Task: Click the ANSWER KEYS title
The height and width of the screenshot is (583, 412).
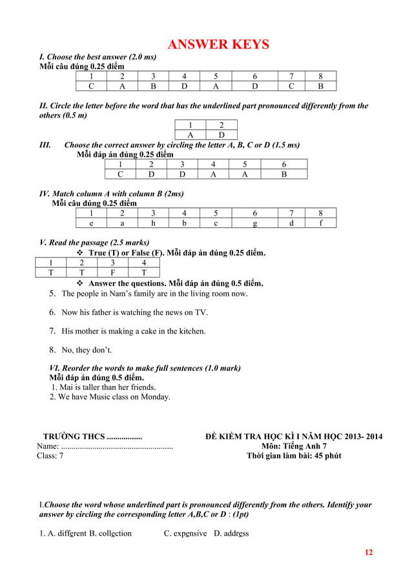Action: click(218, 45)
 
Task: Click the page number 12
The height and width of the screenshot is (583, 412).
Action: click(369, 552)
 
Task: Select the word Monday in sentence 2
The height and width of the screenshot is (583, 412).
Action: click(155, 397)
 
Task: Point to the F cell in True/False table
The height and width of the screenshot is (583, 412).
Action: click(112, 272)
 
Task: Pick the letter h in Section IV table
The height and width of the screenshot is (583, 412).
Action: click(153, 223)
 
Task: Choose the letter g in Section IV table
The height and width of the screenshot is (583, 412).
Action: click(255, 223)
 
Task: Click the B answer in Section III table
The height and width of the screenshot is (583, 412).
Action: click(283, 174)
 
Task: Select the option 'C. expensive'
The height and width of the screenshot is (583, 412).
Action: click(185, 533)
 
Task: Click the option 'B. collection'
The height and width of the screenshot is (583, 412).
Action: click(110, 533)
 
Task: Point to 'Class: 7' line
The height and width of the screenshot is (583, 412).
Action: click(50, 456)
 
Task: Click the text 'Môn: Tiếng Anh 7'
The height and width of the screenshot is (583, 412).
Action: click(294, 446)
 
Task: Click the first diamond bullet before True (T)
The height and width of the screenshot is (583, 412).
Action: click(81, 252)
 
